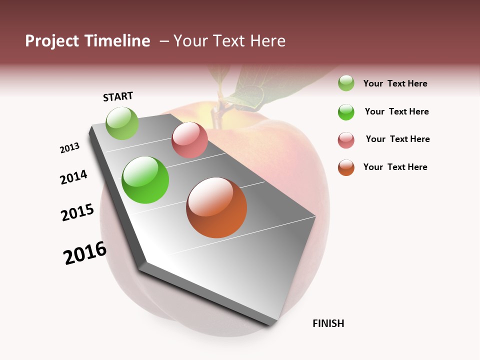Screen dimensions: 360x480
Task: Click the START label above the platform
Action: [118, 96]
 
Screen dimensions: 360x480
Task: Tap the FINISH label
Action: [328, 323]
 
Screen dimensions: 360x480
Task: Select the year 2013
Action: [69, 148]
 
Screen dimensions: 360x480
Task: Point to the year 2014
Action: [73, 177]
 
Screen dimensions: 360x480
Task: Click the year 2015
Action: [77, 212]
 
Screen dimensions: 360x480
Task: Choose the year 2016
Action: [85, 253]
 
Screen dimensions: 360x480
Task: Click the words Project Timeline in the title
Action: [87, 41]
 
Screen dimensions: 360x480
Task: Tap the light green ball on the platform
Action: [122, 123]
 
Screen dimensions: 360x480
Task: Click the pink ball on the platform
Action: [189, 140]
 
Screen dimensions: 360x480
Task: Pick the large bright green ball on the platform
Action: [145, 180]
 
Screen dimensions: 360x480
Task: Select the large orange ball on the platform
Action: [216, 207]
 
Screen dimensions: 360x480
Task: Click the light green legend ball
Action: [346, 83]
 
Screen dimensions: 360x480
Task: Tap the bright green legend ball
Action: [346, 112]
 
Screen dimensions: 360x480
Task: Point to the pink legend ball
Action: [346, 140]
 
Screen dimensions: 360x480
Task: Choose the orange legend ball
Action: [346, 167]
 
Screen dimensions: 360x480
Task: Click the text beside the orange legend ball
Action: [395, 167]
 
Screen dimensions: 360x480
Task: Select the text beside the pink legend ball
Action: [397, 139]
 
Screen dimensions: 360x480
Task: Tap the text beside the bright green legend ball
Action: [396, 111]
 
